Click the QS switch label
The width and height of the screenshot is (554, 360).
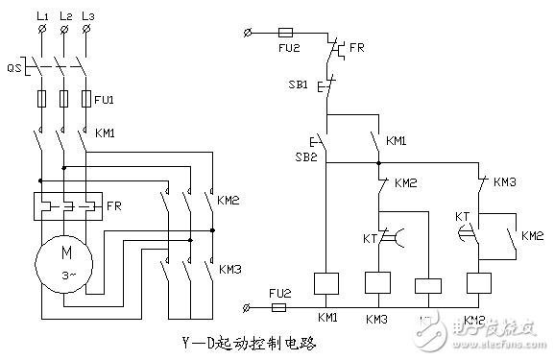click(x=12, y=68)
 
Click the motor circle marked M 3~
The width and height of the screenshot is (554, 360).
click(x=63, y=260)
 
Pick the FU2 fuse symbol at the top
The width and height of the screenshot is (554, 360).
click(x=285, y=32)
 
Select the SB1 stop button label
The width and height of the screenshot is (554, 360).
click(x=299, y=85)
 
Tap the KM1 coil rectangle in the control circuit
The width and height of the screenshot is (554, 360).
click(x=328, y=283)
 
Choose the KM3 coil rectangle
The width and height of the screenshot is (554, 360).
click(x=378, y=283)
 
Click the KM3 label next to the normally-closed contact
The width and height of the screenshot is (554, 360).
click(x=504, y=181)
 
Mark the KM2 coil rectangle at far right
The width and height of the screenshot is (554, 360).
click(x=476, y=283)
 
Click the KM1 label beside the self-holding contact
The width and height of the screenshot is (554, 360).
click(x=396, y=141)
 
